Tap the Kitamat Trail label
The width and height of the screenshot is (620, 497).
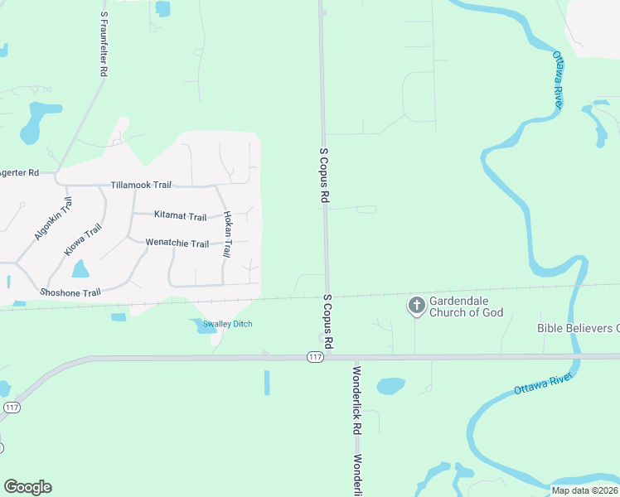(180, 216)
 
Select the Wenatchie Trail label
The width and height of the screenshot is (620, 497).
(177, 244)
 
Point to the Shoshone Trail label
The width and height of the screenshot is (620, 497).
(70, 292)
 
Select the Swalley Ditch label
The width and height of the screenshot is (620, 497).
(220, 324)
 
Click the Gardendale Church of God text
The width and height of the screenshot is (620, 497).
(466, 306)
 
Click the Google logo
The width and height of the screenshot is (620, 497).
(27, 487)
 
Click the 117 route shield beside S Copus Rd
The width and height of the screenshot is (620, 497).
(314, 357)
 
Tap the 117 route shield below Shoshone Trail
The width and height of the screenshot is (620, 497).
(11, 408)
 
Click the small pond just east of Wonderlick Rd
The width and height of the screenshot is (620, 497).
(390, 386)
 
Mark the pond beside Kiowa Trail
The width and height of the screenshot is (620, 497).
(80, 269)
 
